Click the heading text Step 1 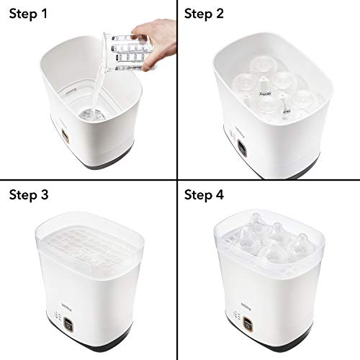coord(30,14)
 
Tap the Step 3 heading coord(30,195)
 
